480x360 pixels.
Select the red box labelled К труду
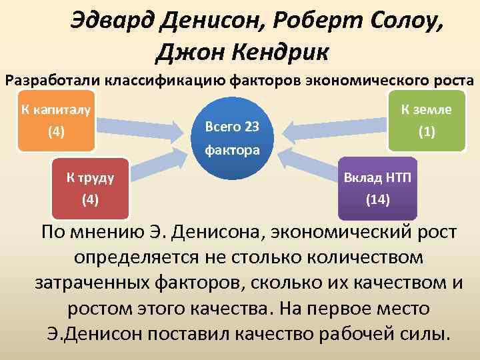coord(89,188)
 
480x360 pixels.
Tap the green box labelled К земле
coord(427,120)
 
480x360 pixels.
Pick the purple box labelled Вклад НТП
coord(377,188)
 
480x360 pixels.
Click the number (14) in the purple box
coord(377,199)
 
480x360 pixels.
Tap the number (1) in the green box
coord(427,132)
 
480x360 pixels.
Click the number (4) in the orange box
coord(56,132)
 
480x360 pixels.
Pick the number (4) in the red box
coord(89,199)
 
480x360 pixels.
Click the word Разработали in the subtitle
coord(52,81)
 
